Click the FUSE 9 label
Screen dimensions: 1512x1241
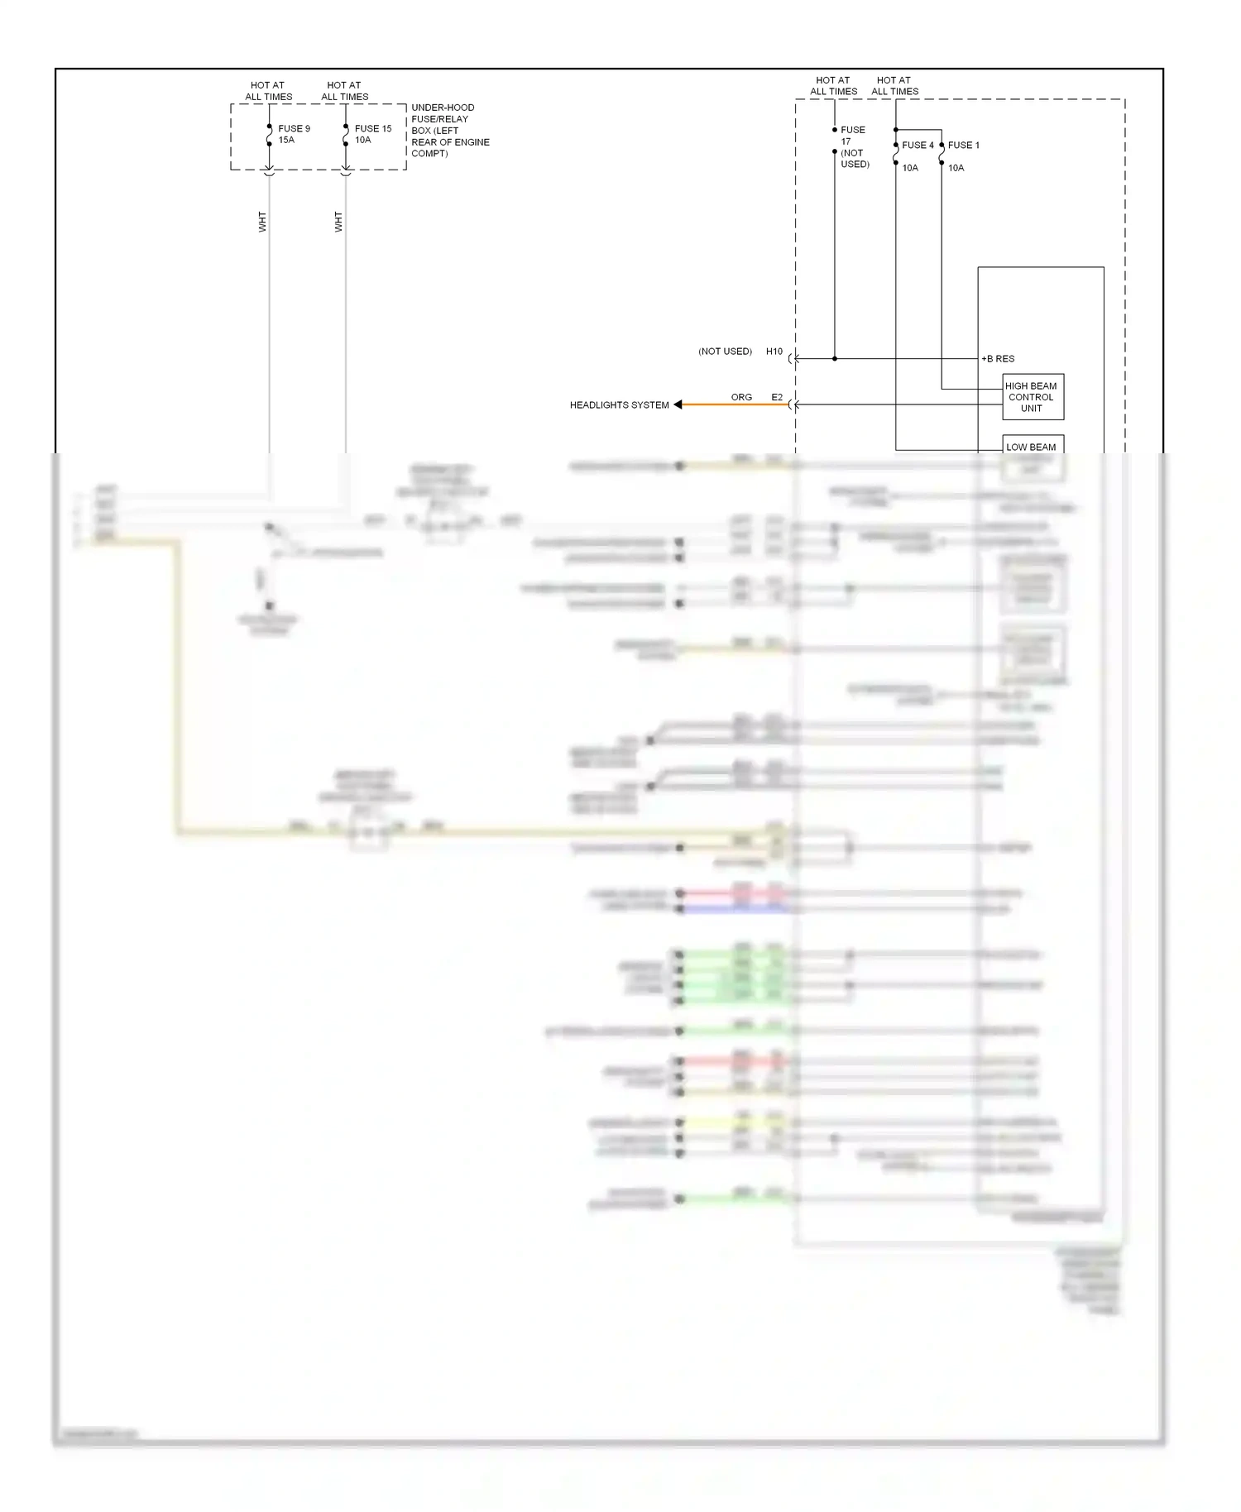(x=294, y=128)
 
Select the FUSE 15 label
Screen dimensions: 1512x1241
(x=373, y=128)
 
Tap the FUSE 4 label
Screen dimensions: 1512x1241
(x=918, y=145)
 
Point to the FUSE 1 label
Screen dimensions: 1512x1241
(x=964, y=145)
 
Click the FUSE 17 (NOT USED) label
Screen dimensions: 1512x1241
(x=854, y=146)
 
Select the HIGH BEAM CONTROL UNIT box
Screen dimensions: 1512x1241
(x=1032, y=397)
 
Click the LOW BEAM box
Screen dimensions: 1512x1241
(x=1032, y=446)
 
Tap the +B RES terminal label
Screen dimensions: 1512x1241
(x=998, y=359)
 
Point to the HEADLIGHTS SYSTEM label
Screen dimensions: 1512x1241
(x=619, y=405)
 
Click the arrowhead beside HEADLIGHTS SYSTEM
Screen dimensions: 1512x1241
(x=678, y=404)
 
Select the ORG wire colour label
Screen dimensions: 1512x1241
(x=741, y=397)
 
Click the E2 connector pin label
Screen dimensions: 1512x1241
(x=777, y=397)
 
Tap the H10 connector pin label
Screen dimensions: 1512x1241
(x=774, y=352)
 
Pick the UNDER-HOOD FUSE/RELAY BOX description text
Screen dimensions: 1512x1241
(x=449, y=131)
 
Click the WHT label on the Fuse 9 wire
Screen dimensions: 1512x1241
(x=262, y=222)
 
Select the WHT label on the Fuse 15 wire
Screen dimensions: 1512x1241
(x=338, y=222)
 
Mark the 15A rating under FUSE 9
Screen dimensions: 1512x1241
(x=286, y=140)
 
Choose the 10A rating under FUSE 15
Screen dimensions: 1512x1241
(x=362, y=140)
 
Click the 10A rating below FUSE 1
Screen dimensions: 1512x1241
(x=956, y=168)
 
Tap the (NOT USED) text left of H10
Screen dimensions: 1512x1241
(x=725, y=352)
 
